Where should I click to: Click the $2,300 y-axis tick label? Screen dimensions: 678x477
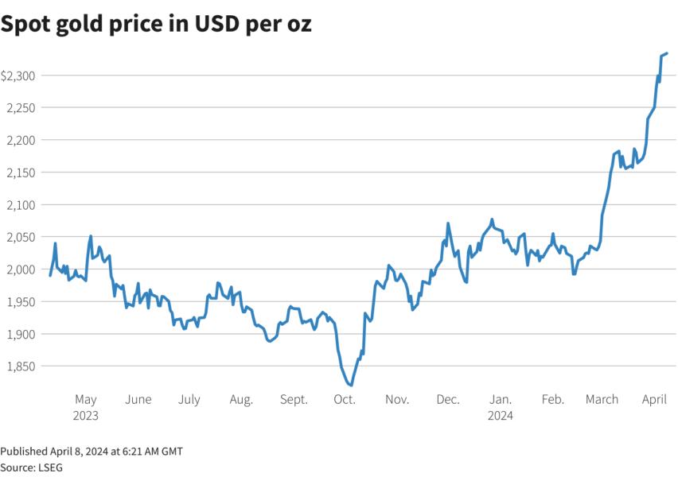(18, 76)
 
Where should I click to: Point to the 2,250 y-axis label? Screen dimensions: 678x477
(21, 108)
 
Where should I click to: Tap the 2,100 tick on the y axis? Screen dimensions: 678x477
(21, 205)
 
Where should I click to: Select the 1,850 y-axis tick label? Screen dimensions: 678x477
(21, 366)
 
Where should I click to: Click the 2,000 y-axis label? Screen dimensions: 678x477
(21, 270)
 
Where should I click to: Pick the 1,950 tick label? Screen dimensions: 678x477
(21, 302)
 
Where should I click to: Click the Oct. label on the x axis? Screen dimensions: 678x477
(345, 399)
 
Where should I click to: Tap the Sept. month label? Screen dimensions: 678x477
(294, 399)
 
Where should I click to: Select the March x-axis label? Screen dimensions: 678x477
(602, 399)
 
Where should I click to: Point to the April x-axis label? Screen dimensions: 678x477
(654, 400)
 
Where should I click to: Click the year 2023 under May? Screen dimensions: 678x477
(86, 416)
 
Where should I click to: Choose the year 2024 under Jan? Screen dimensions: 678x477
(501, 416)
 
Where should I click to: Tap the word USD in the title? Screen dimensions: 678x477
(217, 23)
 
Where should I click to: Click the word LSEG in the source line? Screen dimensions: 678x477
(51, 467)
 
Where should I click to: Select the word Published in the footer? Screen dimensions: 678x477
(24, 452)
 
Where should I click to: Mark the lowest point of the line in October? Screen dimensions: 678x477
(351, 385)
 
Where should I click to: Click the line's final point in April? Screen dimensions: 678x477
(667, 53)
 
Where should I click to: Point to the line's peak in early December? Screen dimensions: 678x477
(447, 223)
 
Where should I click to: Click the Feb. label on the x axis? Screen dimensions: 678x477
(553, 399)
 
